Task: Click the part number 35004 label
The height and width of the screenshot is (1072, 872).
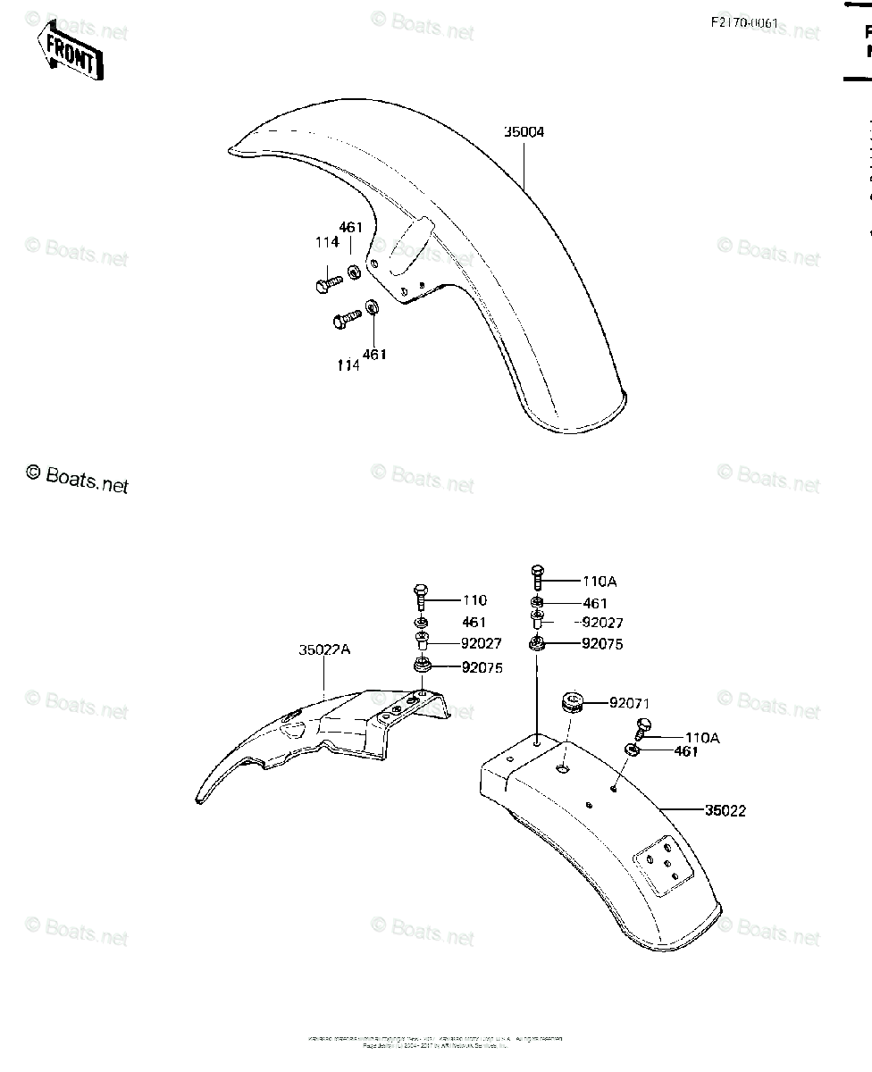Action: coord(524,132)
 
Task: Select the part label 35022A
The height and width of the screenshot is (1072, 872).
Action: coord(324,651)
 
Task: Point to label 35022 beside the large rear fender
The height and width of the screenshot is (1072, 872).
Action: coord(725,811)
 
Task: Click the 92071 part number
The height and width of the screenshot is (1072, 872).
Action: coord(629,704)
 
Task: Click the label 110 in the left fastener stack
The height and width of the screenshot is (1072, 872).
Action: coord(474,600)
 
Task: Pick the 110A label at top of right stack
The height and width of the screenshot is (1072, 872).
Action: coord(599,582)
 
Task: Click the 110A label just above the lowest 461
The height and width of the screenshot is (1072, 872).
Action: coord(702,738)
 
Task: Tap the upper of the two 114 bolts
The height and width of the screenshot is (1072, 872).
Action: coord(329,283)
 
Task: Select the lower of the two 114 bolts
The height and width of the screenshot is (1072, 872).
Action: coord(347,316)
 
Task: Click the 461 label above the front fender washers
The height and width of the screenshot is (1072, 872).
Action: coord(350,228)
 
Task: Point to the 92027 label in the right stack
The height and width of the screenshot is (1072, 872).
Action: coord(602,624)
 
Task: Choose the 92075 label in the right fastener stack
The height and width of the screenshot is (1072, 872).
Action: coord(602,644)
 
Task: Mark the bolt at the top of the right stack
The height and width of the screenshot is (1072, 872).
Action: coord(537,573)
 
